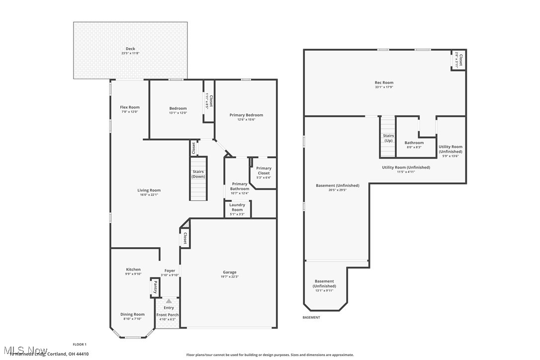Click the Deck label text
pyautogui.click(x=130, y=49)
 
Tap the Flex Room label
pyautogui.click(x=130, y=107)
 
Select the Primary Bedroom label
pyautogui.click(x=246, y=115)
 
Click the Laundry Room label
pyautogui.click(x=237, y=207)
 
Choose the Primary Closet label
pyautogui.click(x=264, y=171)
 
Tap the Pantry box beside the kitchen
pyautogui.click(x=155, y=287)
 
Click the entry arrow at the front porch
pyautogui.click(x=169, y=301)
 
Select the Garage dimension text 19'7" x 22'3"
pyautogui.click(x=230, y=277)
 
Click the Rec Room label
pyautogui.click(x=384, y=83)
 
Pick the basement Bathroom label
pyautogui.click(x=414, y=143)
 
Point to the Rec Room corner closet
pyautogui.click(x=458, y=60)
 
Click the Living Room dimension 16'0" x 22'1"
pyautogui.click(x=149, y=195)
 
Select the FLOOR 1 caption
pyautogui.click(x=80, y=344)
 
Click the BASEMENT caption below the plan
pyautogui.click(x=311, y=317)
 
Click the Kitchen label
pyautogui.click(x=133, y=270)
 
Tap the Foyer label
pyautogui.click(x=170, y=271)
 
